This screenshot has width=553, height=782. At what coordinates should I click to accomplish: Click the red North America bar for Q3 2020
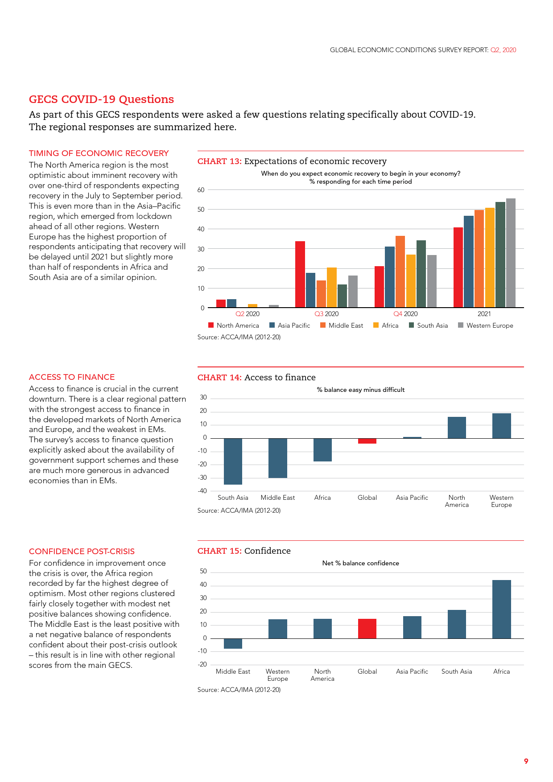pyautogui.click(x=300, y=274)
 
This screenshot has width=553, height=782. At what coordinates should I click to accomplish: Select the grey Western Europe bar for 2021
pyautogui.click(x=511, y=253)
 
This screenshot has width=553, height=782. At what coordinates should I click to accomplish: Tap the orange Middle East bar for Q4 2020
pyautogui.click(x=400, y=272)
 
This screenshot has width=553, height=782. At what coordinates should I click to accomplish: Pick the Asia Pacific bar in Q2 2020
pyautogui.click(x=231, y=303)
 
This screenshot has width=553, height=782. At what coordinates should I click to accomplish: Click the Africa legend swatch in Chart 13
pyautogui.click(x=376, y=325)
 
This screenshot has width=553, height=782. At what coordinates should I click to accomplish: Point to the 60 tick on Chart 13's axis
pyautogui.click(x=201, y=190)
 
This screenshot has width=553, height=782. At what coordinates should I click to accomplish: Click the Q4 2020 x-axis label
pyautogui.click(x=405, y=314)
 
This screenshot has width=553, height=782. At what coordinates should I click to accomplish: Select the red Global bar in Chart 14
pyautogui.click(x=367, y=441)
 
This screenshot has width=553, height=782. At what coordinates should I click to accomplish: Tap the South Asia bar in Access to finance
pyautogui.click(x=233, y=461)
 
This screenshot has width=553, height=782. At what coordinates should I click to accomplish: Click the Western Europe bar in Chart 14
pyautogui.click(x=501, y=426)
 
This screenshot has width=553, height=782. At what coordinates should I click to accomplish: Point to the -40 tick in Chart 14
pyautogui.click(x=202, y=491)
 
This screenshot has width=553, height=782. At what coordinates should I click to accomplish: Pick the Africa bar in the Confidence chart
pyautogui.click(x=501, y=609)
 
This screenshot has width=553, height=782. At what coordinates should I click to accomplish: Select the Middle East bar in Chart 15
pyautogui.click(x=233, y=643)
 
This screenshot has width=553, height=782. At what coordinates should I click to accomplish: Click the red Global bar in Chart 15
pyautogui.click(x=367, y=629)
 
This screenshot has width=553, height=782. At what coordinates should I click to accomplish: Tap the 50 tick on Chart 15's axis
pyautogui.click(x=203, y=572)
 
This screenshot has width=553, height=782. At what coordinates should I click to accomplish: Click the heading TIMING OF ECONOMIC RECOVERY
pyautogui.click(x=99, y=153)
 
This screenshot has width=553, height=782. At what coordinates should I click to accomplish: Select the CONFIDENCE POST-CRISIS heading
pyautogui.click(x=82, y=552)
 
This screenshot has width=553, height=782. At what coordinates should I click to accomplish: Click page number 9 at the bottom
pyautogui.click(x=526, y=761)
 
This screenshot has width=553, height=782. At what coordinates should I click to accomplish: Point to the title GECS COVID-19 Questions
pyautogui.click(x=101, y=99)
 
